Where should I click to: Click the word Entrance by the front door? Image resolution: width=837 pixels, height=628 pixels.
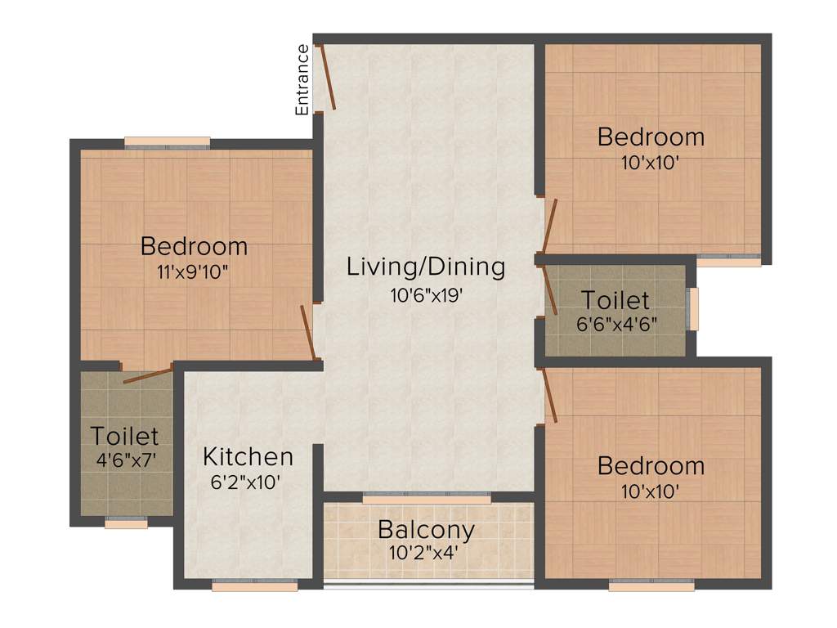click(302, 79)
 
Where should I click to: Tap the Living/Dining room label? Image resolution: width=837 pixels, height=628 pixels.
click(426, 267)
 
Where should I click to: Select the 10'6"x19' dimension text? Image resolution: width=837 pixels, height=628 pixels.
click(427, 294)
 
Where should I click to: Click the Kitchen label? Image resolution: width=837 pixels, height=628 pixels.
click(248, 456)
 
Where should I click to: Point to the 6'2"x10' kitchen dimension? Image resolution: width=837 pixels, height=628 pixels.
click(246, 482)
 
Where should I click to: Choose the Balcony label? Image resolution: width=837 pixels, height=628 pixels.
click(426, 530)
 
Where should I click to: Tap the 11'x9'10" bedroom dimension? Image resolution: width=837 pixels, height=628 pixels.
click(194, 271)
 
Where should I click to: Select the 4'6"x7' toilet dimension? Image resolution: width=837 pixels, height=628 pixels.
click(124, 460)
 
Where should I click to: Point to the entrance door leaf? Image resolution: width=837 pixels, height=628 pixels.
click(327, 77)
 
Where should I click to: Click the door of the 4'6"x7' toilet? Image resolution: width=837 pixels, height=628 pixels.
click(147, 375)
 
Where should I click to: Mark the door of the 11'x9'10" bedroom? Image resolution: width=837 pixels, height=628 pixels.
click(308, 332)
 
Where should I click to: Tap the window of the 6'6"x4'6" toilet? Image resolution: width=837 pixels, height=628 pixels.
click(694, 308)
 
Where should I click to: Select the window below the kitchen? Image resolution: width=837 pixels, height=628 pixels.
click(254, 585)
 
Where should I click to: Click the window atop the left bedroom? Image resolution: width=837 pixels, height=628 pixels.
click(167, 142)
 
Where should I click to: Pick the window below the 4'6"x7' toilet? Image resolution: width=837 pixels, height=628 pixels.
click(126, 523)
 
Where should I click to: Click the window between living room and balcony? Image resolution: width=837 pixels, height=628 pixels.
click(427, 497)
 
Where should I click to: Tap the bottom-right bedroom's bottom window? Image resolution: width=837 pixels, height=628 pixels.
click(651, 585)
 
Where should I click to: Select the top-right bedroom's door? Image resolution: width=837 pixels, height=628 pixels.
click(549, 226)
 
